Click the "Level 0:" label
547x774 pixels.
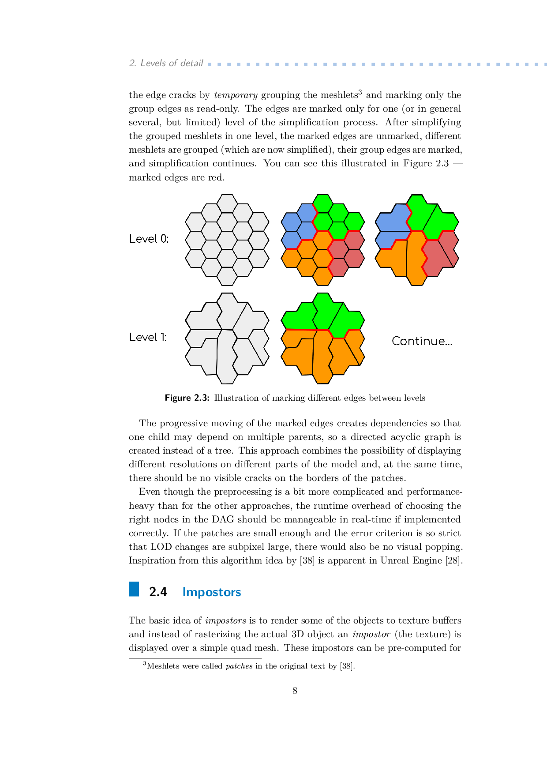point(149,239)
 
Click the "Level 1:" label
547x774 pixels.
point(148,337)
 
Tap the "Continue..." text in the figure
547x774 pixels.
point(422,341)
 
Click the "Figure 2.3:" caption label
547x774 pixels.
point(187,398)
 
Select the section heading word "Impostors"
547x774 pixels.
point(212,592)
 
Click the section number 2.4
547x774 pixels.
point(158,592)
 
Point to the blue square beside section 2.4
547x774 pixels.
point(134,589)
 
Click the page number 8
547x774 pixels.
point(295,691)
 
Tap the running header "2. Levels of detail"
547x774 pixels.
point(166,63)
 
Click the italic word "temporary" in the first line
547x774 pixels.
point(236,95)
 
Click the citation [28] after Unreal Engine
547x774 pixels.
point(453,560)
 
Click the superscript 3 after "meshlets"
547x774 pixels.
point(360,92)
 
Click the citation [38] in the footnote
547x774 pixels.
point(347,666)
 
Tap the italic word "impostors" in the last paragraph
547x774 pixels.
point(225,620)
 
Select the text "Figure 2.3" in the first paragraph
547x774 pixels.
point(426,163)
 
